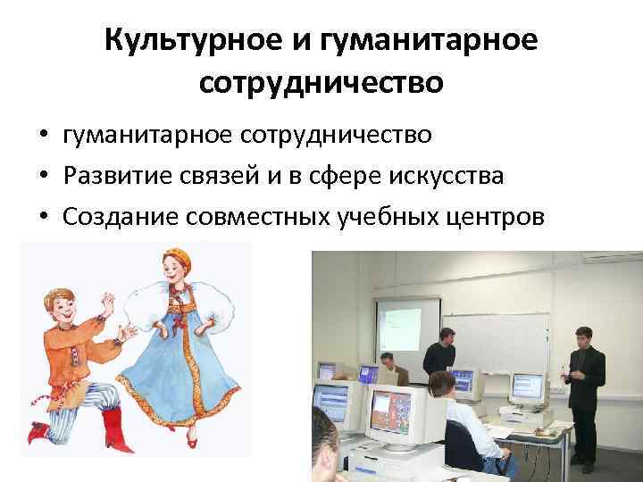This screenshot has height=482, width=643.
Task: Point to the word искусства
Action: [x=447, y=177]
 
